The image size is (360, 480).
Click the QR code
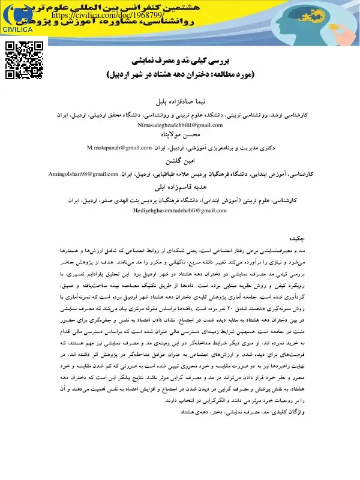point(25,60)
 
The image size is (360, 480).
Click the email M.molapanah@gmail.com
point(119,147)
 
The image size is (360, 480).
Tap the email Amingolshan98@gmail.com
point(83,174)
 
